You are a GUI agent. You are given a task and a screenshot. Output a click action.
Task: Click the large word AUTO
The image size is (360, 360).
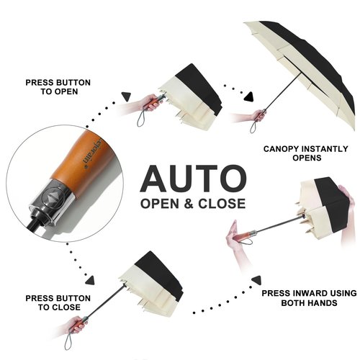[x=193, y=178]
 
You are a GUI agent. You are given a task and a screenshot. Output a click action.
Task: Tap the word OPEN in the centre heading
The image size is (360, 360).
[x=160, y=204]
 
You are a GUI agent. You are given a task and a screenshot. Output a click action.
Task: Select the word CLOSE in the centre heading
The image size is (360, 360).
[x=222, y=204]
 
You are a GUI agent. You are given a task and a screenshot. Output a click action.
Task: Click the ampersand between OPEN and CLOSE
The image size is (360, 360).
[x=189, y=204]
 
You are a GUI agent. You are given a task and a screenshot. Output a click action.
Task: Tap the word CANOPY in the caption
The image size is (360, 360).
[x=279, y=149]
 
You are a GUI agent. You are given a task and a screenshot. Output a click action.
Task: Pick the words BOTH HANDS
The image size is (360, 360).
[x=309, y=302]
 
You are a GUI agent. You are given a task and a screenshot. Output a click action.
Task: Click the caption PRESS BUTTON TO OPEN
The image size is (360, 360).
[x=58, y=87]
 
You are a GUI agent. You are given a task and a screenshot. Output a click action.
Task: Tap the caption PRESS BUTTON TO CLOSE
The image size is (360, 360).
[x=58, y=302]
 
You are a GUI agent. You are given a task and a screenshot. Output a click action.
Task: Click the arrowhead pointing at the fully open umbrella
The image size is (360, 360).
[x=249, y=96]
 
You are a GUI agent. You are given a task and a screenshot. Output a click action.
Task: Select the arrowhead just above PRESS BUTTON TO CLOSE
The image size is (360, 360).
[x=90, y=281]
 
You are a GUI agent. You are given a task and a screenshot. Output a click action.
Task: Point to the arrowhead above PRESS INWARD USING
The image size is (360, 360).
[x=256, y=280]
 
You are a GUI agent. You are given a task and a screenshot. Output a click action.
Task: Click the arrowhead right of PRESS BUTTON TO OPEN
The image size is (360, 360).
[x=126, y=96]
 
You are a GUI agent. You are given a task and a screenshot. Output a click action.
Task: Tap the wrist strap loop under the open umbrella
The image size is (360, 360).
[x=253, y=126]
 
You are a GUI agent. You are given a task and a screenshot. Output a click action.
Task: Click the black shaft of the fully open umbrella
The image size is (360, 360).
[x=283, y=91]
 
